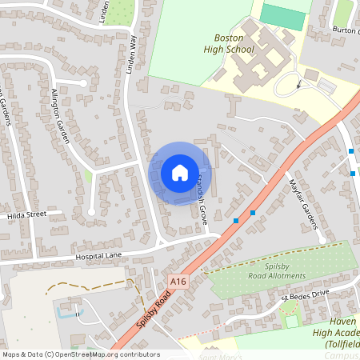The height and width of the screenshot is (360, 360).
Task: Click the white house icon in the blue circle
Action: (x=179, y=173)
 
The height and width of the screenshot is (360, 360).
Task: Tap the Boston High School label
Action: (x=234, y=43)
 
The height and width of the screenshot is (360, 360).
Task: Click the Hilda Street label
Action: (x=26, y=215)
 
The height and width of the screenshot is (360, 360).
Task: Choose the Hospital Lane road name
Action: (x=98, y=257)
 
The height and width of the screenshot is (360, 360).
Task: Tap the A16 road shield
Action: (x=178, y=281)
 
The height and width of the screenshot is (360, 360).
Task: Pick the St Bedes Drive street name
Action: (x=305, y=295)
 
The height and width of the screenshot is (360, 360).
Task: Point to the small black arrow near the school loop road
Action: (x=298, y=82)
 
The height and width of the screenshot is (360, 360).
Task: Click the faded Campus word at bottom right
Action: (x=342, y=354)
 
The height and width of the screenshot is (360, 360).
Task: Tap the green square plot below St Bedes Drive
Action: (x=291, y=321)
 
